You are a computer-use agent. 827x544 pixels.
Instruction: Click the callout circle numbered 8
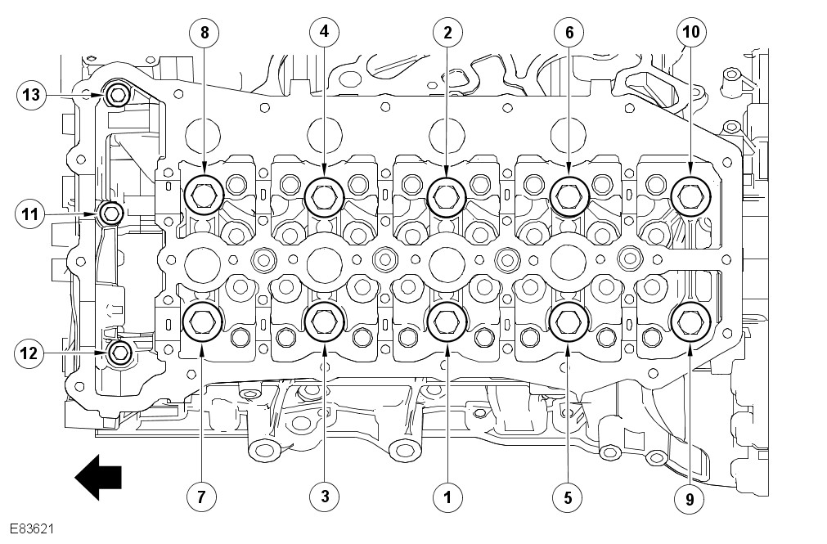click(203, 33)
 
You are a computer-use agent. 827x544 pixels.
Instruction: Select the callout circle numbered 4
click(325, 33)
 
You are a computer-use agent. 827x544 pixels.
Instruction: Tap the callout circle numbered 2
click(447, 33)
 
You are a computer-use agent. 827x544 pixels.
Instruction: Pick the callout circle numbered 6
click(569, 33)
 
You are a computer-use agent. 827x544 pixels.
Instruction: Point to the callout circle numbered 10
click(690, 33)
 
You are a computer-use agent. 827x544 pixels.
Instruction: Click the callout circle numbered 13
click(31, 96)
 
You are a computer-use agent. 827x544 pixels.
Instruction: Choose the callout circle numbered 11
click(31, 214)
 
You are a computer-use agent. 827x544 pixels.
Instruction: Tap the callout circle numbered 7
click(203, 495)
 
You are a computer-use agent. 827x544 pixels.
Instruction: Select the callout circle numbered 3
click(325, 495)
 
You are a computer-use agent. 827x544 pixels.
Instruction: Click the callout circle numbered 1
click(447, 495)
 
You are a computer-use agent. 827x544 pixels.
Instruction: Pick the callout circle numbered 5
click(569, 495)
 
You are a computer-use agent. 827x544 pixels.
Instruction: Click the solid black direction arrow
click(98, 477)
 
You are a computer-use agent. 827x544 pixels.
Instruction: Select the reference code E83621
click(33, 529)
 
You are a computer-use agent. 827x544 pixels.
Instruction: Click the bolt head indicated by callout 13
click(117, 96)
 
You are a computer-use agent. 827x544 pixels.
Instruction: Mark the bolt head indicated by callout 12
click(119, 353)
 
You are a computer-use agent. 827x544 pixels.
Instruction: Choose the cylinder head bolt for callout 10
click(690, 194)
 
